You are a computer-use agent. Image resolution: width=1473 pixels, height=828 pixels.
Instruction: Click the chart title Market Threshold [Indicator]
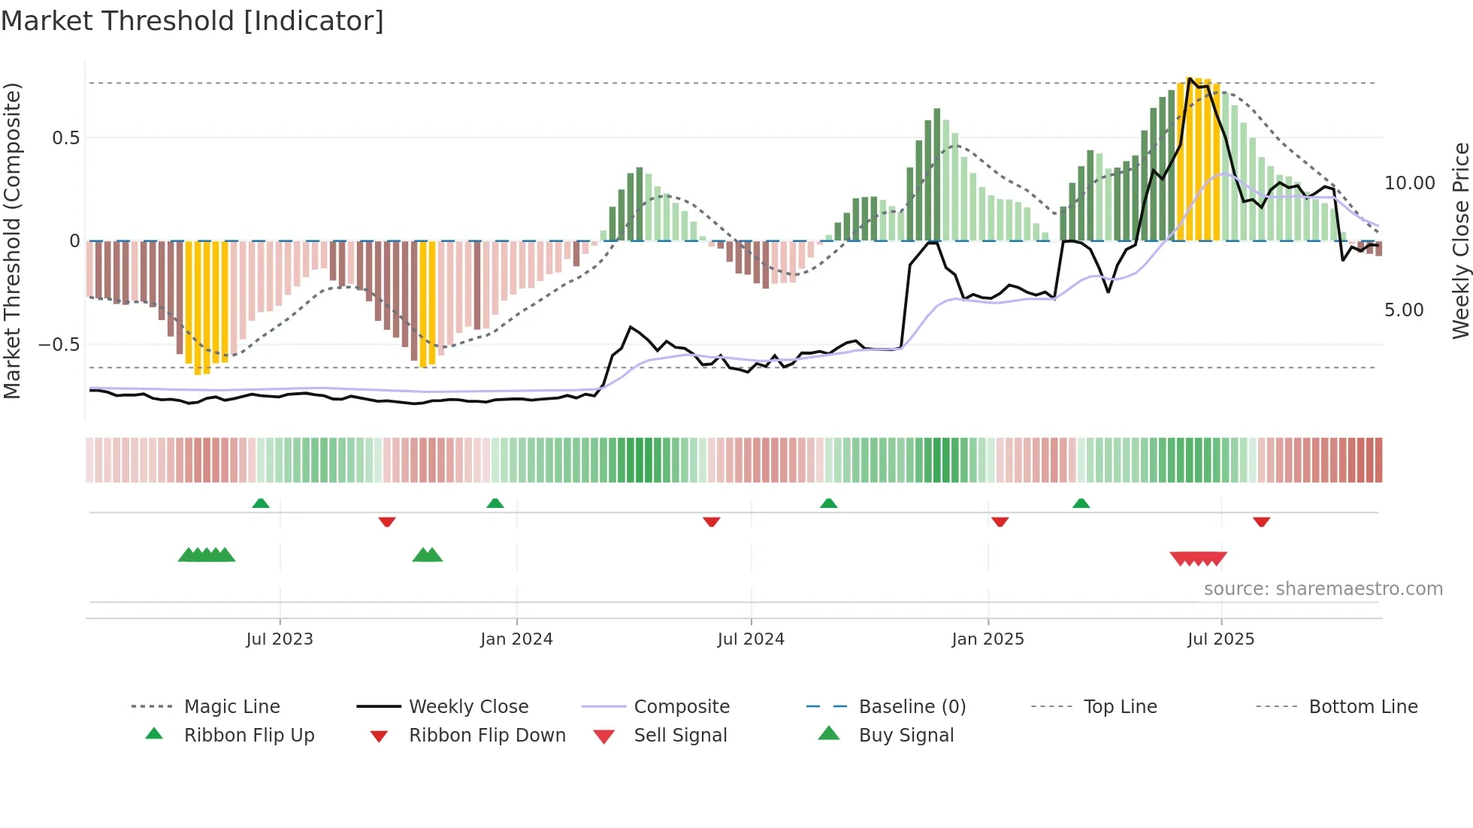coord(192,21)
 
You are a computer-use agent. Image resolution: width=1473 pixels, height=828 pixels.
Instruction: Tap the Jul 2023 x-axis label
coord(280,639)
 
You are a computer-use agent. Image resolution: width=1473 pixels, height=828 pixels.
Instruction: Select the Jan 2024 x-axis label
coord(516,639)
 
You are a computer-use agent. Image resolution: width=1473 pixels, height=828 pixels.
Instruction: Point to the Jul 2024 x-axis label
coord(751,639)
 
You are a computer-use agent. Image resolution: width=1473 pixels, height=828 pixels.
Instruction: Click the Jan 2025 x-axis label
coord(988,639)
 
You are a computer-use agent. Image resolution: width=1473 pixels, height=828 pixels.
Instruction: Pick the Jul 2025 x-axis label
coord(1221,639)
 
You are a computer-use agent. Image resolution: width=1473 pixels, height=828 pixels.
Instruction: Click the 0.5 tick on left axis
coord(66,137)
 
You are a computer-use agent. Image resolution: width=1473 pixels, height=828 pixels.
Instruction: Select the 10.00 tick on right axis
coord(1409,183)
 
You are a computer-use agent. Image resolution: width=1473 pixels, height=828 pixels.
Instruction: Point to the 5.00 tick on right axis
coord(1404,310)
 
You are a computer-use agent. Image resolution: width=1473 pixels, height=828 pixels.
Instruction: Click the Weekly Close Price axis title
coord(1460,240)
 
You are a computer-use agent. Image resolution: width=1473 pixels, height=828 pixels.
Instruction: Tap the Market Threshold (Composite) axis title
coord(12,240)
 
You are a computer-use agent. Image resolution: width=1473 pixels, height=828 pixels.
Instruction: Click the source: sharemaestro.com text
coord(1323,588)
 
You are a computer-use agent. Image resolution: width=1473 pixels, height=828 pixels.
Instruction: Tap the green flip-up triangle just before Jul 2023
coord(261,503)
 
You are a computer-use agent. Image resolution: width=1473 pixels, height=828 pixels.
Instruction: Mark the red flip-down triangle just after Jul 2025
coord(1261,521)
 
